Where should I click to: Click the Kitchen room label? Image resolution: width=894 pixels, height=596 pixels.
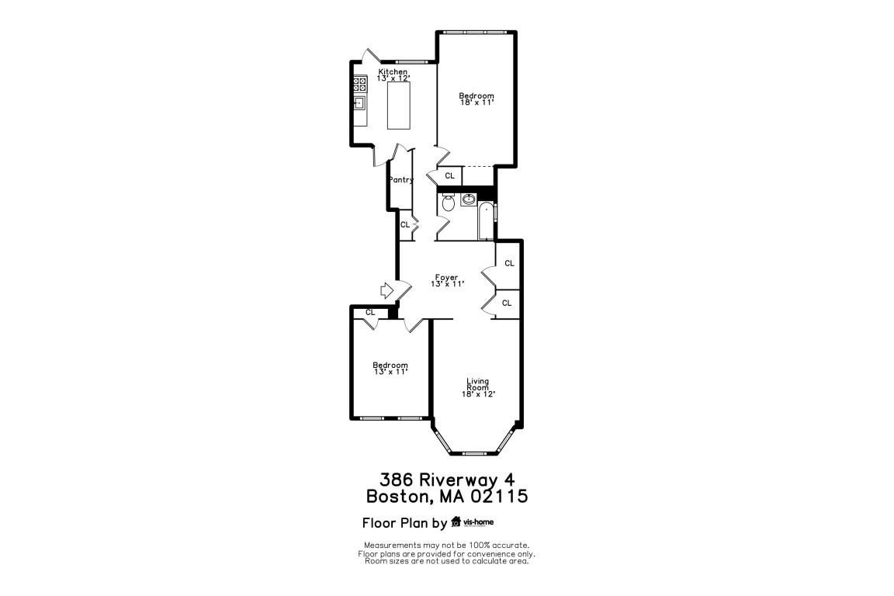click(393, 72)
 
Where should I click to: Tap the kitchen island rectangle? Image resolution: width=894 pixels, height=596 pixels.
click(399, 106)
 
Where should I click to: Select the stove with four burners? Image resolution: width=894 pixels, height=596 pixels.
click(359, 85)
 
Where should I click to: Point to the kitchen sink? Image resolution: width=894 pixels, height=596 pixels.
click(359, 102)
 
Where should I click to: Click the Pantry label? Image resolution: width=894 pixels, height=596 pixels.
click(400, 180)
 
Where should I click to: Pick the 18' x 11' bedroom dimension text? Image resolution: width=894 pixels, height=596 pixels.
click(476, 102)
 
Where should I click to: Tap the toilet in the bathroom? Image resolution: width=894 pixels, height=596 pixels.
click(448, 203)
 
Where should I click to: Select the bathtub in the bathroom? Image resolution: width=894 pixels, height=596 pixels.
click(486, 220)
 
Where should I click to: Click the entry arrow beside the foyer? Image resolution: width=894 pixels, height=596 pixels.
click(387, 290)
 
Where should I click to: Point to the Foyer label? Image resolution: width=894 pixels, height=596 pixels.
click(446, 278)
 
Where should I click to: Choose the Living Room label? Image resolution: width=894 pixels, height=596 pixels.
click(478, 384)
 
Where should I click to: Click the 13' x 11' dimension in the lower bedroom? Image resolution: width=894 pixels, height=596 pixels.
click(390, 372)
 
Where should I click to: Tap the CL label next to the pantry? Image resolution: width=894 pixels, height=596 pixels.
click(405, 225)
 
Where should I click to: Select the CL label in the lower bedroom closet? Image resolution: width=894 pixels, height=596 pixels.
click(370, 313)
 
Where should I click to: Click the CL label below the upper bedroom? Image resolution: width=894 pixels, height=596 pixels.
click(450, 175)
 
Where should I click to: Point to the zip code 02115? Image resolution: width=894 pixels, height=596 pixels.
click(499, 496)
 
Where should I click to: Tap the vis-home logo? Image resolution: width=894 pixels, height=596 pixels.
click(473, 521)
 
